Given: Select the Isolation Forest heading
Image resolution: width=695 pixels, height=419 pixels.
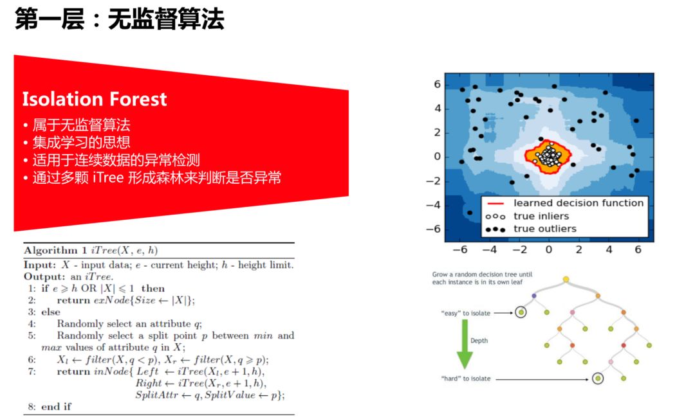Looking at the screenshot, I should (95, 99).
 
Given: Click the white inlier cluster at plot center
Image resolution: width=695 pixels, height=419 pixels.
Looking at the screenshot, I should (549, 156).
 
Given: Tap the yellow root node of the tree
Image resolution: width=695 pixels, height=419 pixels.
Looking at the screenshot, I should (566, 279).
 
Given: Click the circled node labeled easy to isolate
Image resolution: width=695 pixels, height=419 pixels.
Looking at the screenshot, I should (520, 313).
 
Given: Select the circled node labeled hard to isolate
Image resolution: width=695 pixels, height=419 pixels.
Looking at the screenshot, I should (598, 379).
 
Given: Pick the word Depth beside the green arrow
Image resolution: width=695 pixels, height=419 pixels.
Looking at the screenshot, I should (479, 341).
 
